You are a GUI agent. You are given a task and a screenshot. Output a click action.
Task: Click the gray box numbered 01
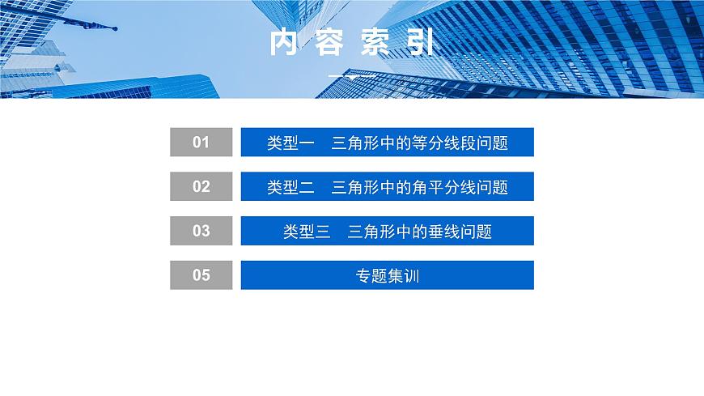(201, 143)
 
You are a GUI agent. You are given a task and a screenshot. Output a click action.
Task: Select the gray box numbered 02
(201, 186)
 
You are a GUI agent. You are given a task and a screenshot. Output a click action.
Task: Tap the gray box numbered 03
(201, 231)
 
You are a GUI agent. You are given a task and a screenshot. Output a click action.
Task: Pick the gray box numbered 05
(201, 275)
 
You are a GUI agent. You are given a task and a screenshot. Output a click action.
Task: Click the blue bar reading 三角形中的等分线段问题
(388, 143)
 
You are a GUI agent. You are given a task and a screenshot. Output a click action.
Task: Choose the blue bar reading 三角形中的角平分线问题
(388, 186)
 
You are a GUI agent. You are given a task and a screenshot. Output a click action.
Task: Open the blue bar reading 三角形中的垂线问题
(388, 231)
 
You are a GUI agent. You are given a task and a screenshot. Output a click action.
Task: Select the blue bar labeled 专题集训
(388, 275)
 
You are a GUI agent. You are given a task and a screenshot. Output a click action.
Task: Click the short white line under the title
(352, 76)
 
